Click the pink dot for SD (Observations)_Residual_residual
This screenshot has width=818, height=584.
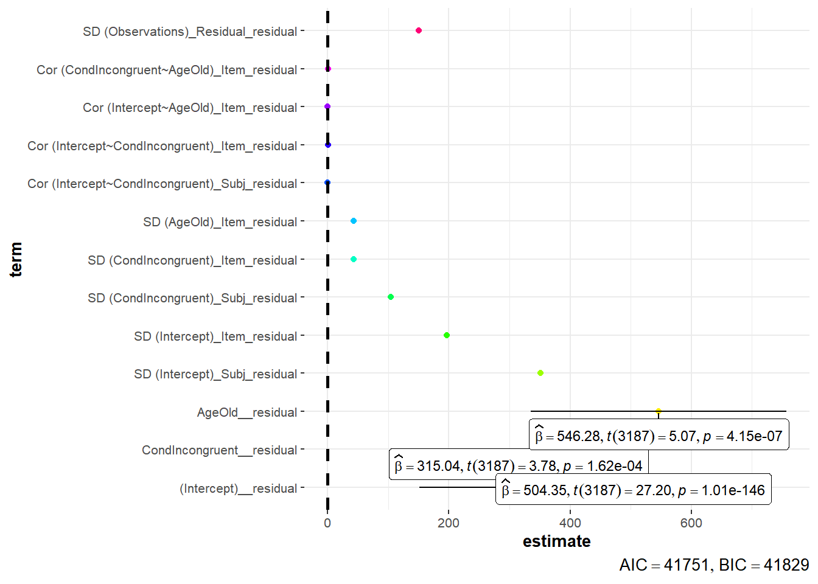(x=419, y=30)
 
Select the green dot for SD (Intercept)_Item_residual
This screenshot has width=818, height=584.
(x=447, y=335)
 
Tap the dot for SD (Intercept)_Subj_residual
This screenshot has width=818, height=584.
(x=540, y=373)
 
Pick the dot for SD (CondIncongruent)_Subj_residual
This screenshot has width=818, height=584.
(x=391, y=297)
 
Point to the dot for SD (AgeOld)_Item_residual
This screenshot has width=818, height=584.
(x=354, y=221)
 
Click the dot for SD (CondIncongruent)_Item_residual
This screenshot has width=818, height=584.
(x=354, y=259)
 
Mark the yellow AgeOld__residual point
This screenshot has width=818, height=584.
(x=659, y=411)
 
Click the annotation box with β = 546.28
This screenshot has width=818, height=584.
(x=659, y=436)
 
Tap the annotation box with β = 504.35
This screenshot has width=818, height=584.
(x=634, y=490)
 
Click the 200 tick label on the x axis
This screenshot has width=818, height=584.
(x=449, y=523)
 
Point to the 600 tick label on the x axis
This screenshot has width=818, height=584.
(x=691, y=523)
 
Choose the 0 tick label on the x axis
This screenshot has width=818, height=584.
(x=327, y=523)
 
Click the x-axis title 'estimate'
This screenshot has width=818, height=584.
(x=556, y=541)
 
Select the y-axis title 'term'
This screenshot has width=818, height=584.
(x=16, y=259)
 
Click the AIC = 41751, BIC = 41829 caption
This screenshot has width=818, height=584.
(x=714, y=565)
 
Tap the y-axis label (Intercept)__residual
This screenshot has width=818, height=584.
(x=238, y=488)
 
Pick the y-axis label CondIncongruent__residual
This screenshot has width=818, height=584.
(x=219, y=450)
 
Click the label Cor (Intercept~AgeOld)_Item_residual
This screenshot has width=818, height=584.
(x=190, y=108)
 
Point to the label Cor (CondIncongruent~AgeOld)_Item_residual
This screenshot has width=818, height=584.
(x=167, y=70)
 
